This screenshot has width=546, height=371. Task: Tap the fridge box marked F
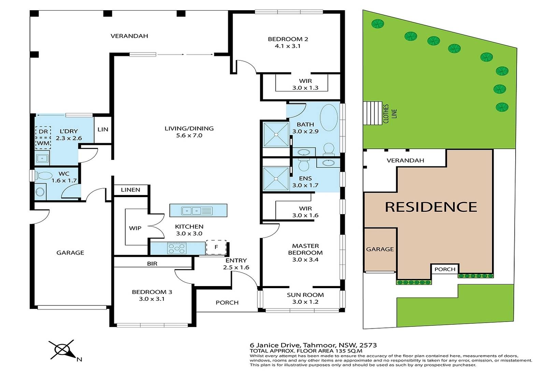coord(216,247)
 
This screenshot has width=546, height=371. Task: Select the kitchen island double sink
coord(197,211)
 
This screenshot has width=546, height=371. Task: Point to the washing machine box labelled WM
coord(43,143)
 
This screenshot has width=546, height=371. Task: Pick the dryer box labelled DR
coord(43,132)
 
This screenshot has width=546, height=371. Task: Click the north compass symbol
coord(64,350)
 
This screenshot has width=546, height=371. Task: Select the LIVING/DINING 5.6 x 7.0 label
coord(189,132)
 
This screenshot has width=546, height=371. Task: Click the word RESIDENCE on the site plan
coord(431,207)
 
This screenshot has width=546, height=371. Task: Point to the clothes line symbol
coord(372,113)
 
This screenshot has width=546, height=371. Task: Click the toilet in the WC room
coord(44,175)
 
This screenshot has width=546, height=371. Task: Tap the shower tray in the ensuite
coord(276,178)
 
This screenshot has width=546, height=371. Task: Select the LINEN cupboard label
coord(130,190)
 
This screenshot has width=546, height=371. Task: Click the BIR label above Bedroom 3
coord(152,264)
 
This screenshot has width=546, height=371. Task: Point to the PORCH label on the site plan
coord(445,269)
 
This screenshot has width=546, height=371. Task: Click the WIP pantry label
coord(135,228)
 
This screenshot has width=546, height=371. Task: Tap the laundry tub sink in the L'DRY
coord(42,158)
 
